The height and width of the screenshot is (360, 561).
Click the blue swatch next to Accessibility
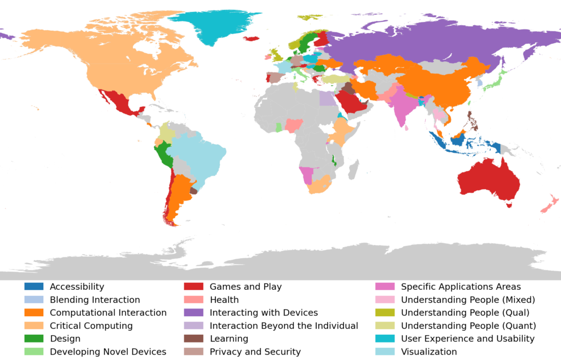tap(33, 287)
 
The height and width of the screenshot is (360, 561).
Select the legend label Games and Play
tap(245, 287)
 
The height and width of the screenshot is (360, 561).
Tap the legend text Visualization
tap(429, 352)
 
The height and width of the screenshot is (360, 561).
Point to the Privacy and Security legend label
tap(255, 352)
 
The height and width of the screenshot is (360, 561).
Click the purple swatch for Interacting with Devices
tap(193, 313)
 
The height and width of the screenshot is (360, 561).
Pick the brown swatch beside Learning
tap(193, 339)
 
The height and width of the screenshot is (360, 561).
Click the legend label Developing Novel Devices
tap(108, 352)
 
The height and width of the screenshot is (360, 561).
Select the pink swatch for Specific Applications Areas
tap(385, 287)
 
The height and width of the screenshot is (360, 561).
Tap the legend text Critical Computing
tap(91, 326)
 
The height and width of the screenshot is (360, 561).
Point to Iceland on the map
tap(251, 38)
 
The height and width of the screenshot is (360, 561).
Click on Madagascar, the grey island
tap(353, 166)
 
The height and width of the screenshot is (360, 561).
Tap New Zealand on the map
tap(549, 204)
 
